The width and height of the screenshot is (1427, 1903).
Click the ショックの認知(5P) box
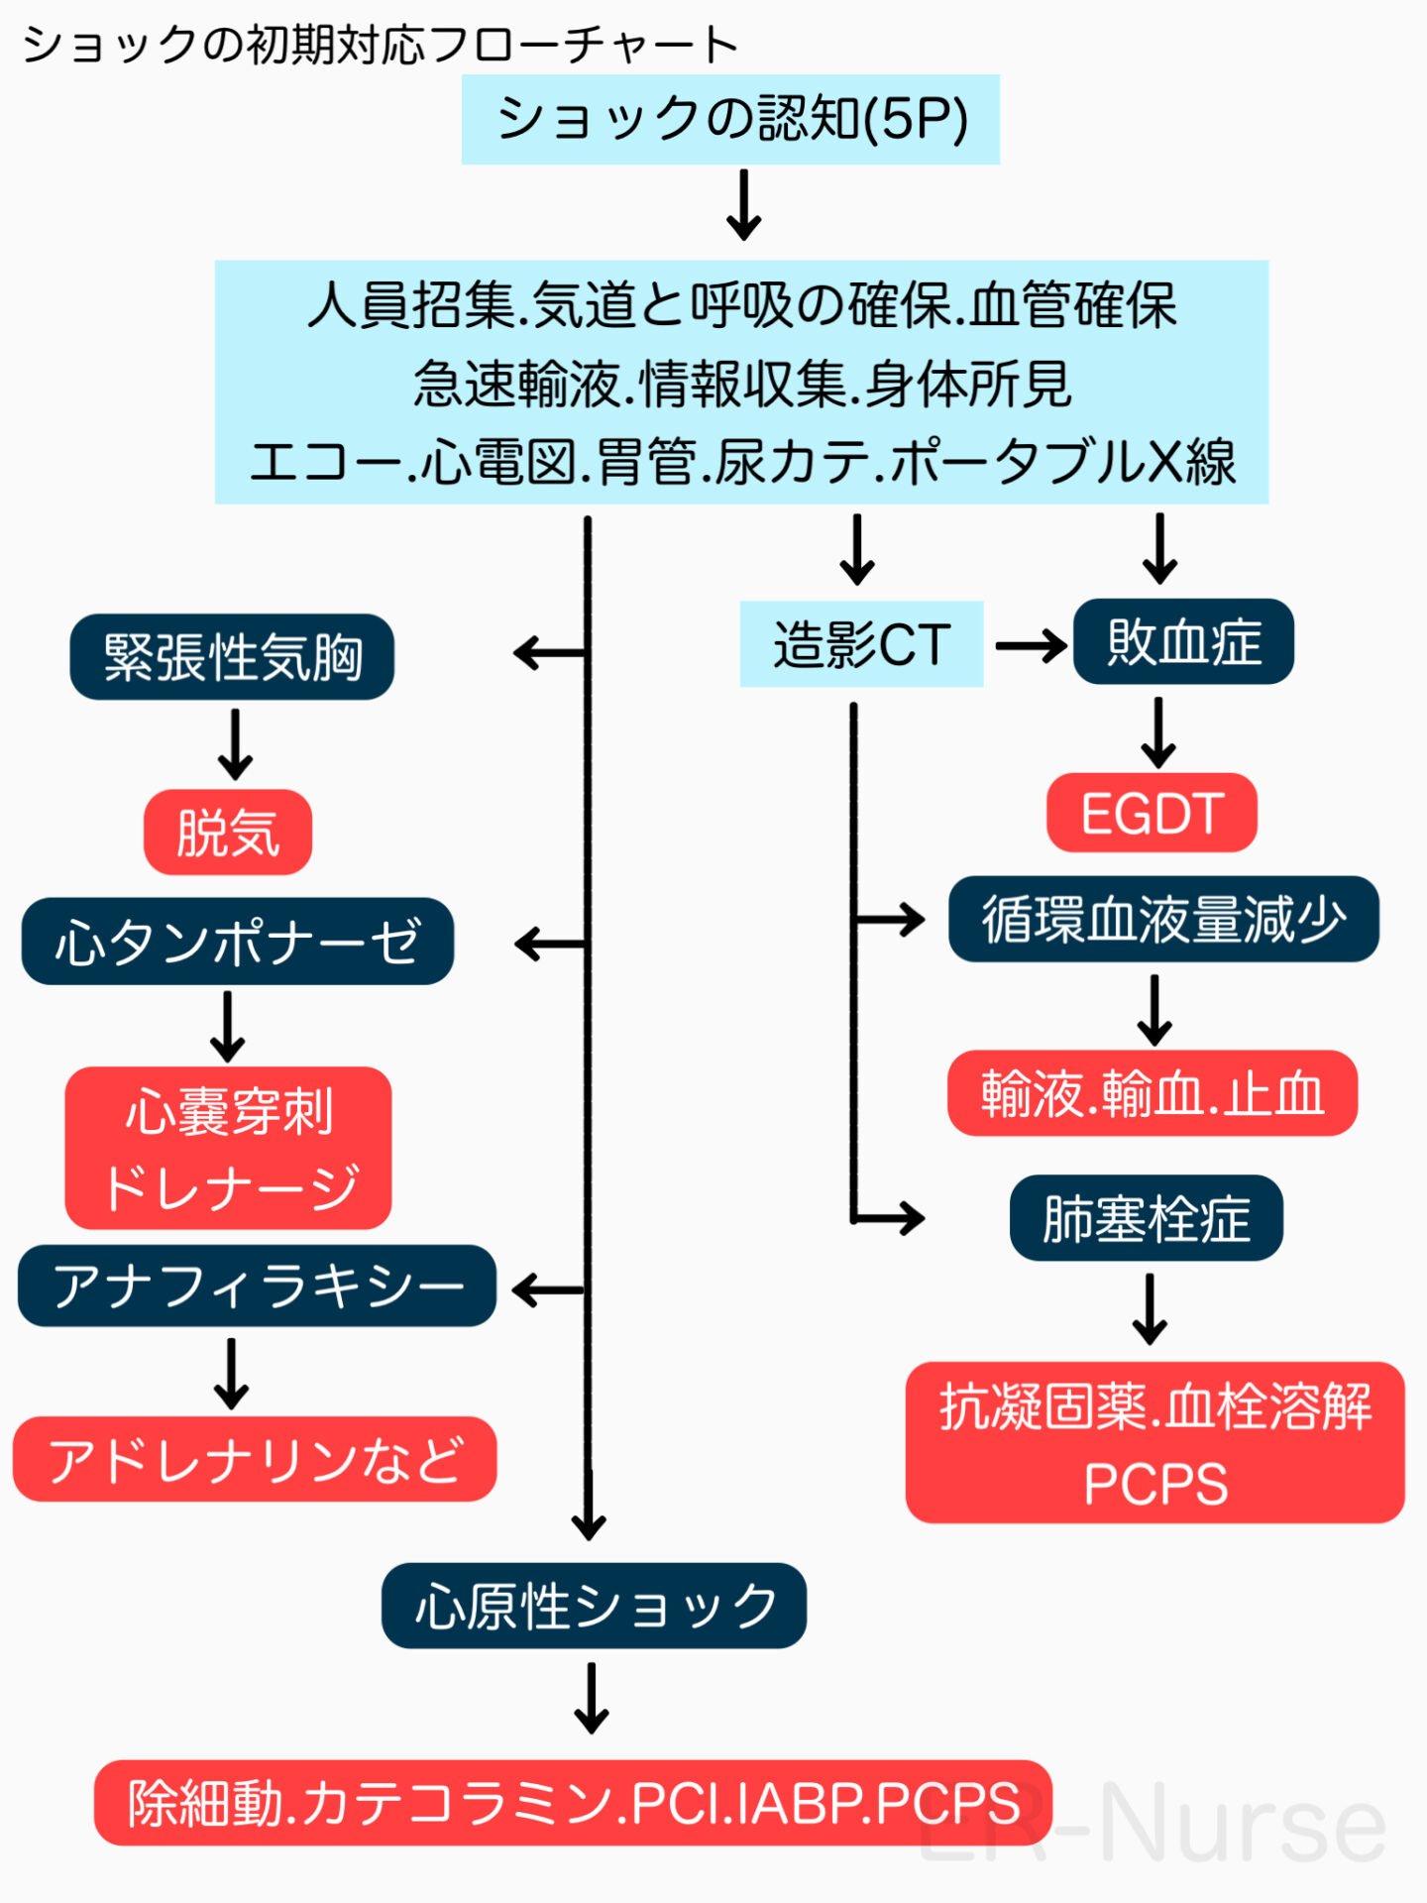tap(730, 119)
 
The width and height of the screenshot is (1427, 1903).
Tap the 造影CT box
tap(861, 644)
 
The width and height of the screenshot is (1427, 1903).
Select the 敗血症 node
tap(1183, 642)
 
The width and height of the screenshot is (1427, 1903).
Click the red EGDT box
tap(1152, 814)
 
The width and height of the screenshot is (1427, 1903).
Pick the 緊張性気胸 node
tap(232, 657)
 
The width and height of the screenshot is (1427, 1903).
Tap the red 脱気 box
tap(228, 833)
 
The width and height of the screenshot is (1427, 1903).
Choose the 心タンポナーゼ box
tap(238, 942)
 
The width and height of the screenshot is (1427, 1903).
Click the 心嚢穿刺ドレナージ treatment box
tap(228, 1148)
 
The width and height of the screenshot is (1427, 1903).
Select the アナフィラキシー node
tap(257, 1287)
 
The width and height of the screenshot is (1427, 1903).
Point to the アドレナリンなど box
tap(255, 1459)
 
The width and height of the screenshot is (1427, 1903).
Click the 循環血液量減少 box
tap(1163, 920)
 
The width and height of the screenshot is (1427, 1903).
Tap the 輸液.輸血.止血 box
tap(1152, 1093)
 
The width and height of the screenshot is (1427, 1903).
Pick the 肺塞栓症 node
tap(1146, 1218)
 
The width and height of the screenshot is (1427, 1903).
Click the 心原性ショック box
tap(594, 1606)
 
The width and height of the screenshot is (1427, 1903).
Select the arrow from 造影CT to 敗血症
tap(1031, 647)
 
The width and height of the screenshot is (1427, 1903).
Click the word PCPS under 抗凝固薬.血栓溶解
tap(1154, 1484)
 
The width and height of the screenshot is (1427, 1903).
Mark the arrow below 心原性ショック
tap(592, 1698)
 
